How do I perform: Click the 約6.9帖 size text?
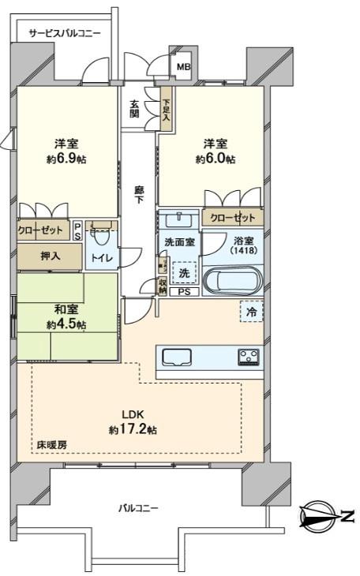pyautogui.click(x=66, y=159)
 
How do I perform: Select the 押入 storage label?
pyautogui.click(x=49, y=256)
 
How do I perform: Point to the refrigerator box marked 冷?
pyautogui.click(x=250, y=312)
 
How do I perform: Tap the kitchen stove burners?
pyautogui.click(x=249, y=356)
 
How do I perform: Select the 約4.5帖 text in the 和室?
pyautogui.click(x=66, y=324)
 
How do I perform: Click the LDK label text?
pyautogui.click(x=132, y=415)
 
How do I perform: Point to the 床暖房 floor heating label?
pyautogui.click(x=51, y=445)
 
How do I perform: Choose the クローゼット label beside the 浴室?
pyautogui.click(x=232, y=217)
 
